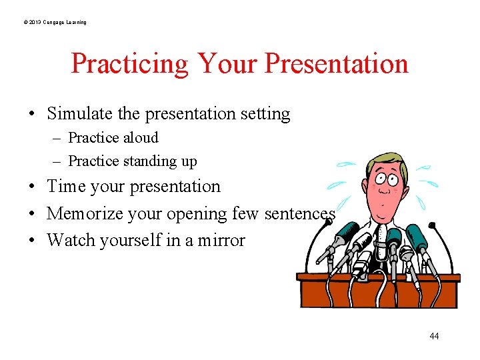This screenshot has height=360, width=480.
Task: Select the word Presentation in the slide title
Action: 336,64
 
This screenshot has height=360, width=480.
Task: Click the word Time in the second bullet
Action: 67,187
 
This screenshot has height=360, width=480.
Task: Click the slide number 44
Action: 434,336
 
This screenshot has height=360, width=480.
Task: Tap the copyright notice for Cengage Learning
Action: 54,23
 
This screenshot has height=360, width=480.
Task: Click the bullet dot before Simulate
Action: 33,115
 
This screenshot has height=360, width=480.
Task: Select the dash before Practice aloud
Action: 58,139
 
